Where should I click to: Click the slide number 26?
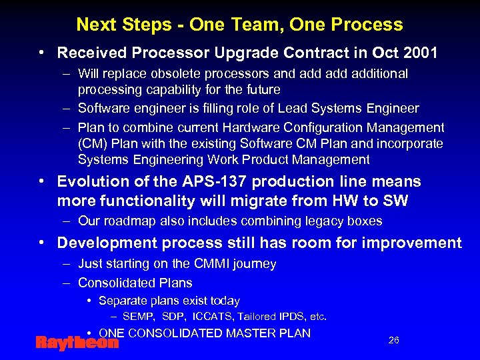coord(393,341)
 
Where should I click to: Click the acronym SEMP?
coord(139,317)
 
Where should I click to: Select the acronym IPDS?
coord(292,317)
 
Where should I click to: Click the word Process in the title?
coord(371,25)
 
